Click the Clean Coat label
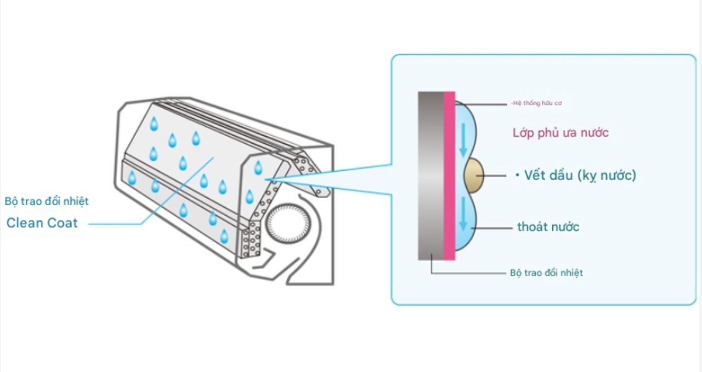42,223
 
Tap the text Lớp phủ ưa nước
561,133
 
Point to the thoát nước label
548,227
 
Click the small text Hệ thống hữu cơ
536,103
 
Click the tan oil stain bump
474,176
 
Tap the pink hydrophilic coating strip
449,176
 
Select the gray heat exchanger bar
431,176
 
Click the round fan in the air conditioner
288,223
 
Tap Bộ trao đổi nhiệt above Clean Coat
47,201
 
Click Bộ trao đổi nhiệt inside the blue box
546,273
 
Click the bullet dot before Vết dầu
517,176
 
